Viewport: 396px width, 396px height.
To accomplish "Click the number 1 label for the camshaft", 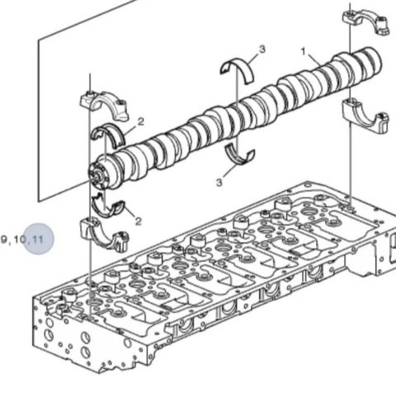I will point(303,51).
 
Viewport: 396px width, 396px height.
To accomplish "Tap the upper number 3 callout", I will point(262,50).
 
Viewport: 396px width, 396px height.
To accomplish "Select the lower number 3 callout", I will point(220,181).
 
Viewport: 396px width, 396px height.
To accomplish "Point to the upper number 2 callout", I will point(140,121).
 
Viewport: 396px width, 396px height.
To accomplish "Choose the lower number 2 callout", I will point(138,220).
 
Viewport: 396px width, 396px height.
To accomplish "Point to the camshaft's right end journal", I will point(371,62).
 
